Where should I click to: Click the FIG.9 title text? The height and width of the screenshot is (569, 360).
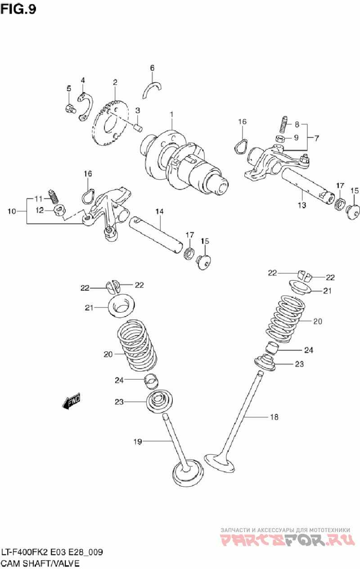point(18,9)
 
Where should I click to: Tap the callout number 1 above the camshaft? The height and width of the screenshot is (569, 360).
point(171,115)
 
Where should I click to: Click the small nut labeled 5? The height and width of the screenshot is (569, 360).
point(70,108)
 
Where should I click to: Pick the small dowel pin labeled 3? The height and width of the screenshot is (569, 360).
point(139,127)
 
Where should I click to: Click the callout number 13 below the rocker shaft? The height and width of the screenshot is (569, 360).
point(301,205)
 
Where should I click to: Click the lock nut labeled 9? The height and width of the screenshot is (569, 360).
point(279,139)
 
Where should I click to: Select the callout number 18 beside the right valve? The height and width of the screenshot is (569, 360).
point(274,417)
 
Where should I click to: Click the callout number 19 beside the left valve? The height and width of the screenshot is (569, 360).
point(137,442)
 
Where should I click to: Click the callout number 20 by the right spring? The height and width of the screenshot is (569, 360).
point(318,321)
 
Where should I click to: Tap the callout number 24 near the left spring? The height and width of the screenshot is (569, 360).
point(119,380)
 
